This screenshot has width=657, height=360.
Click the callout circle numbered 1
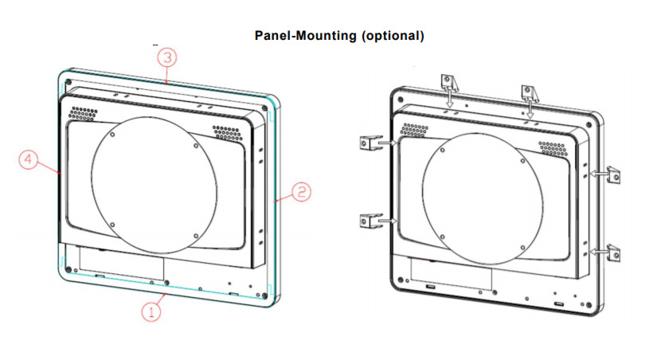coord(152,311)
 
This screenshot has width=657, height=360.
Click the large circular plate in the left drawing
coord(154,182)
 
